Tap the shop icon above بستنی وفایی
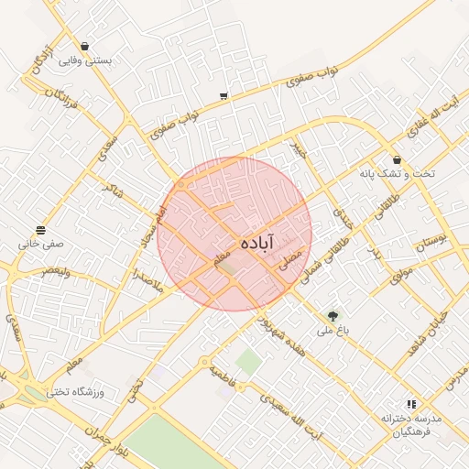85,46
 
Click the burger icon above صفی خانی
41,230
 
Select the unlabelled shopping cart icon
224,95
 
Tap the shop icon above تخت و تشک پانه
397,159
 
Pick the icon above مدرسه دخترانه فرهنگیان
411,403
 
